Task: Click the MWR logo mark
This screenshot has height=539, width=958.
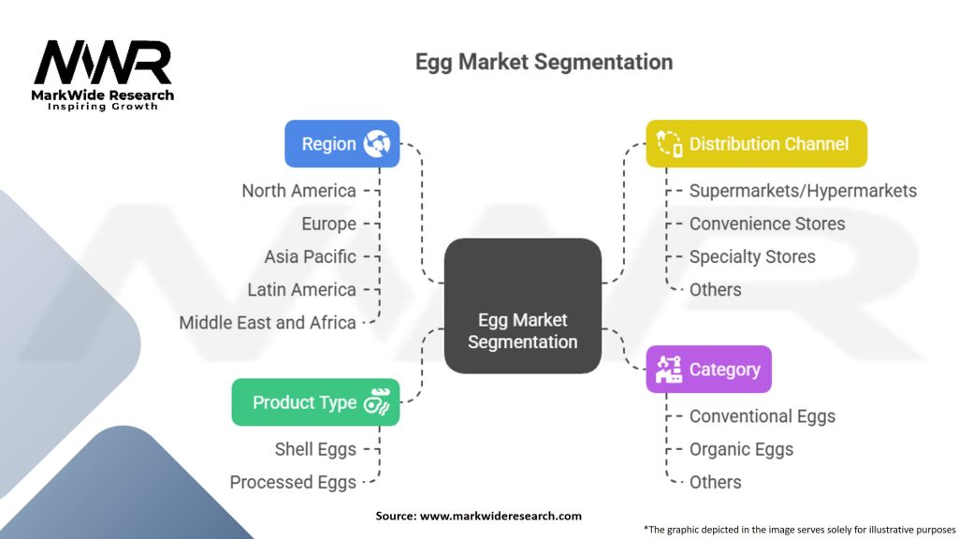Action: [x=103, y=64]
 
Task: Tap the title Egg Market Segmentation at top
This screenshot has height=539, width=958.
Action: [x=544, y=63]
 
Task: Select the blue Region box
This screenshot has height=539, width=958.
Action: [x=341, y=144]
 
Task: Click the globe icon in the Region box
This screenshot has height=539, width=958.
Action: [x=376, y=144]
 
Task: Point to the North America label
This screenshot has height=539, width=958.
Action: [x=298, y=191]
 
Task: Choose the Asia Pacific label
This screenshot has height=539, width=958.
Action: [x=310, y=256]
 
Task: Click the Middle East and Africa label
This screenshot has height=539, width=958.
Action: [x=268, y=323]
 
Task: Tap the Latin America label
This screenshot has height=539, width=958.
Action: [x=301, y=290]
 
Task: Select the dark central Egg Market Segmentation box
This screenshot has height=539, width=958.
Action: [x=522, y=306]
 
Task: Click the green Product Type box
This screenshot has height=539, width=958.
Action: [x=315, y=402]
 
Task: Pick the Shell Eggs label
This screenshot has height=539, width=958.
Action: [x=315, y=449]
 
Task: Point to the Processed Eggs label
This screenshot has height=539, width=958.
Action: [x=293, y=482]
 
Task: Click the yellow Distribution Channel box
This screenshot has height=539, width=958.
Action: [x=756, y=144]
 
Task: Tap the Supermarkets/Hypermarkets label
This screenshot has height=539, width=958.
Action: [x=803, y=191]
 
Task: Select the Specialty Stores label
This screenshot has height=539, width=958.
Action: [x=752, y=256]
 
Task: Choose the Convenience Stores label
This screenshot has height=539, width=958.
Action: [x=767, y=224]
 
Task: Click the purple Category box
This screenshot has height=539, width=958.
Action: [x=708, y=370]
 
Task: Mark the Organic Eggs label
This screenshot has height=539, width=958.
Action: [x=741, y=449]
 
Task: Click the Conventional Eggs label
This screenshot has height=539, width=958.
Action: [x=762, y=416]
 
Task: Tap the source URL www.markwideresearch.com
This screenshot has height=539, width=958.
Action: [x=501, y=516]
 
